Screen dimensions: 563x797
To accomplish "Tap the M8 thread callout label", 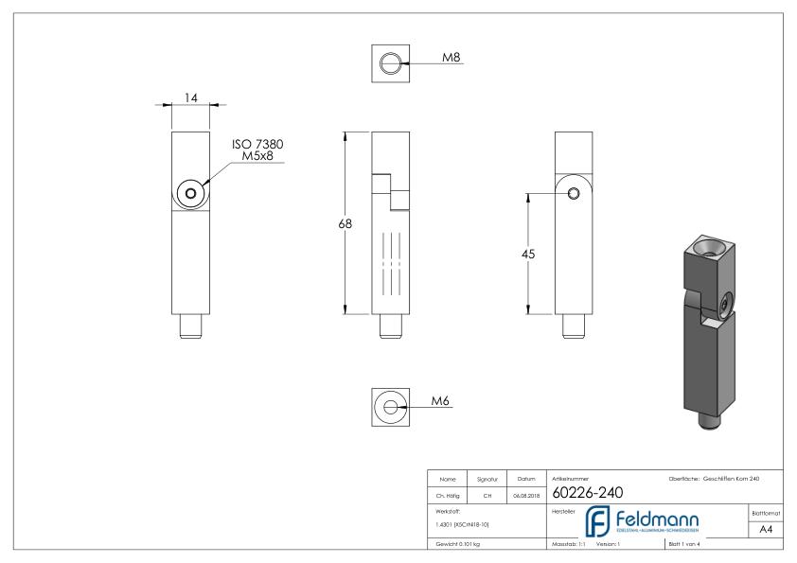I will click(453, 59).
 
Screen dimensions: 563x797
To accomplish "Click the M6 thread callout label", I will click(439, 400).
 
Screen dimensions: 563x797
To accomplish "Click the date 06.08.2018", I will click(524, 493).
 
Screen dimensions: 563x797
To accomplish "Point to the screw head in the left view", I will click(191, 193).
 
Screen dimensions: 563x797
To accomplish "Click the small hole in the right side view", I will click(574, 193).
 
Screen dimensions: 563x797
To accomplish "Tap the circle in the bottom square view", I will click(389, 406).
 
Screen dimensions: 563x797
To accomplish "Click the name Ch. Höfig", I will click(450, 493).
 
